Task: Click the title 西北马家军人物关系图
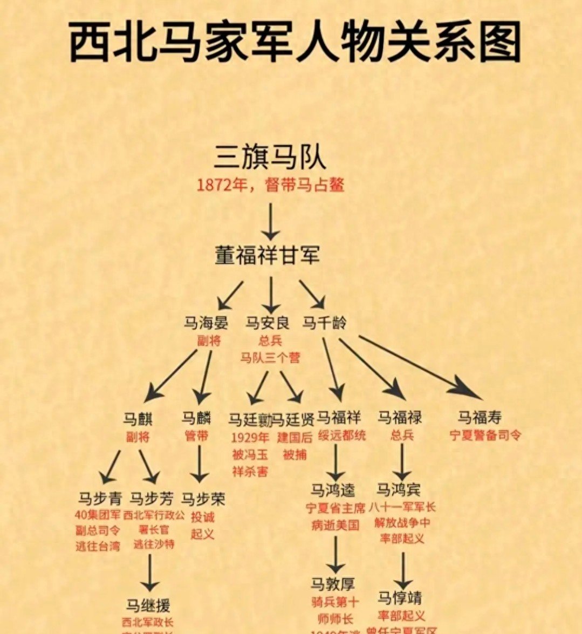click(295, 43)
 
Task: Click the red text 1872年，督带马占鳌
click(270, 186)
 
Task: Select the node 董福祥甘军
click(268, 255)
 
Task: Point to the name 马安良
click(268, 323)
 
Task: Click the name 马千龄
click(324, 323)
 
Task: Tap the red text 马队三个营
click(270, 358)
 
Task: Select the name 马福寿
click(480, 417)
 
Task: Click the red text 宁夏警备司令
click(485, 435)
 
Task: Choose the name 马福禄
click(400, 417)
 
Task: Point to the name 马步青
click(100, 498)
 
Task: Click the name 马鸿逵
click(333, 490)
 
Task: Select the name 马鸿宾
click(399, 490)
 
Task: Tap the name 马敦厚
click(333, 584)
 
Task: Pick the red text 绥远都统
click(341, 435)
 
